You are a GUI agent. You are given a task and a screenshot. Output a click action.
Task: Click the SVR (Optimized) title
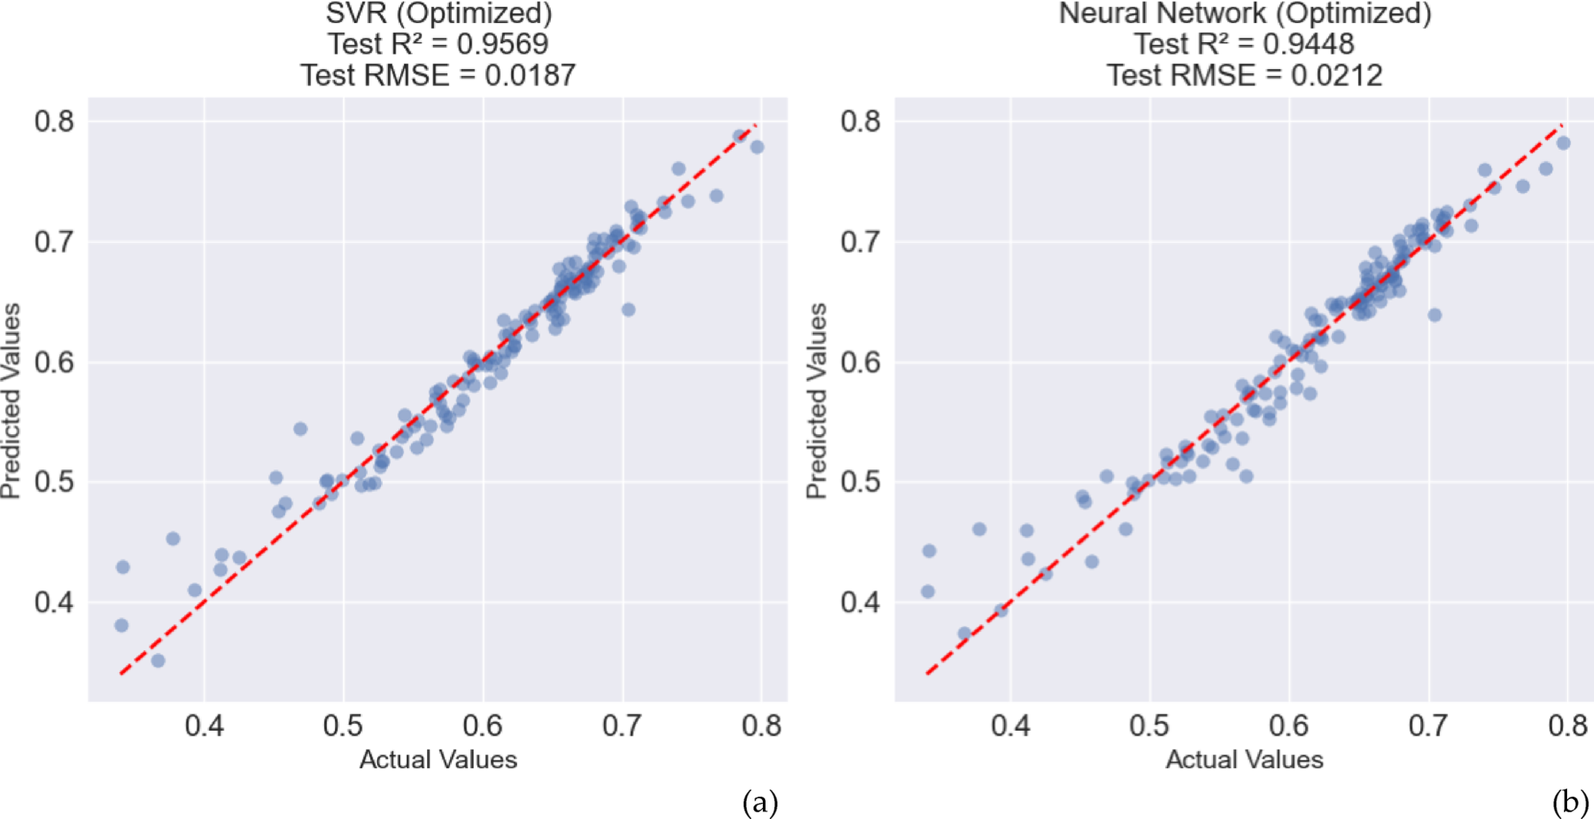(438, 13)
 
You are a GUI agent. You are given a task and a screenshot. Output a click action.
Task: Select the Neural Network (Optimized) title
(1245, 13)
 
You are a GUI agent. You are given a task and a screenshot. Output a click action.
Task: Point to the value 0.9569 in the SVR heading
(502, 44)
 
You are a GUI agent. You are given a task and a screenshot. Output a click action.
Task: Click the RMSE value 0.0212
(1336, 76)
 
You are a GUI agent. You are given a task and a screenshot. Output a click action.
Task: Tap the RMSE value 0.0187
(530, 76)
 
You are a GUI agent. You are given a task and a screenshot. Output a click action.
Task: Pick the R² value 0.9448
(1308, 44)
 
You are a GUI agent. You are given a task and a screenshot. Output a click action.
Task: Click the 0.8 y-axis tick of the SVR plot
(54, 121)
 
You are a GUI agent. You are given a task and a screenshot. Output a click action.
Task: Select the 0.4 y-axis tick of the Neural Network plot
(861, 602)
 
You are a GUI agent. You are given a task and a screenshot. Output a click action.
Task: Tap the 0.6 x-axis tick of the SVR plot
(483, 725)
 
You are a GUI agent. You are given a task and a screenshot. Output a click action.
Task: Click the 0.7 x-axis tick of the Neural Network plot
(1428, 725)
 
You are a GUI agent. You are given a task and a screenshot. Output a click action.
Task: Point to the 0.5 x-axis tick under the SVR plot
(343, 725)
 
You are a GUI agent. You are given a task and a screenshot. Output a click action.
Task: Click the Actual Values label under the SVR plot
(438, 760)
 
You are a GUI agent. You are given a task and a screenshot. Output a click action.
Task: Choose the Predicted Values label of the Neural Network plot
(817, 401)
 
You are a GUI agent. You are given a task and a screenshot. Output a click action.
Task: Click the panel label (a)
(760, 803)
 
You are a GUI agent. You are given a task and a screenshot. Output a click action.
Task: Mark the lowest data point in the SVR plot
(158, 660)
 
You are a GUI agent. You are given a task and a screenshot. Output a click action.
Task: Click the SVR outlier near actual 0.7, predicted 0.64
(628, 310)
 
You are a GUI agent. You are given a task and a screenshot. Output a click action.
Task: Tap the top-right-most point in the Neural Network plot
(1563, 144)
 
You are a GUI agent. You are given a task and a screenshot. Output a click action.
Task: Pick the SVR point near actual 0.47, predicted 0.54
(300, 429)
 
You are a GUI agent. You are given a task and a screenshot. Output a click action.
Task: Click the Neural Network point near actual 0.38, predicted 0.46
(979, 529)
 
